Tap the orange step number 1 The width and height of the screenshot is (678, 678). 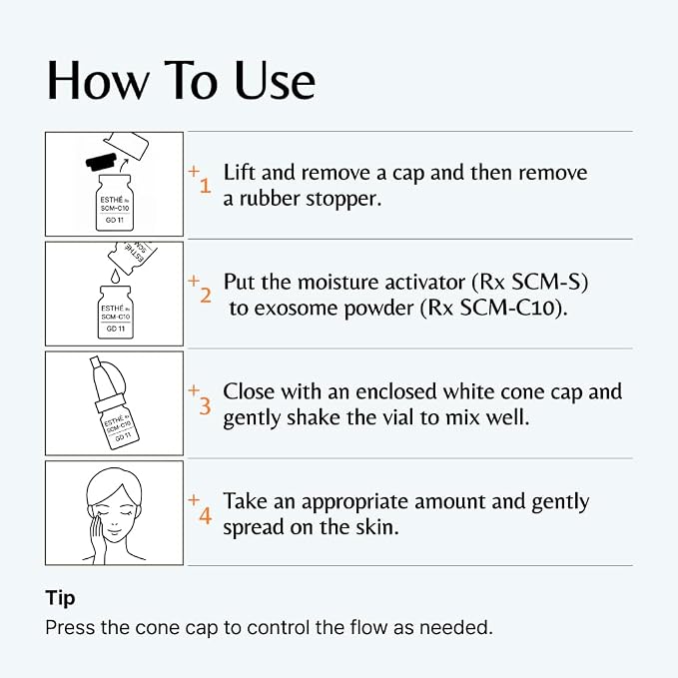click(x=205, y=186)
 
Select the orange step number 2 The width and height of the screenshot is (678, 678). click(x=206, y=296)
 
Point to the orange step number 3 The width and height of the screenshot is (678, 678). click(x=205, y=405)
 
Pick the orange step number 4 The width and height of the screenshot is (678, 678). click(x=206, y=515)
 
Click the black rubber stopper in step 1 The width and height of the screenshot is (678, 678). click(x=101, y=161)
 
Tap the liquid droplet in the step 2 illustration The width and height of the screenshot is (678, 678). click(x=115, y=276)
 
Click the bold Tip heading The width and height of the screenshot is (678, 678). click(x=60, y=598)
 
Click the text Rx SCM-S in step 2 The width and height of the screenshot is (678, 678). click(x=530, y=283)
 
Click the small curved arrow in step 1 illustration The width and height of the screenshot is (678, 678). click(x=124, y=165)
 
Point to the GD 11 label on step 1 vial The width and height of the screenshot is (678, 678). click(x=115, y=220)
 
